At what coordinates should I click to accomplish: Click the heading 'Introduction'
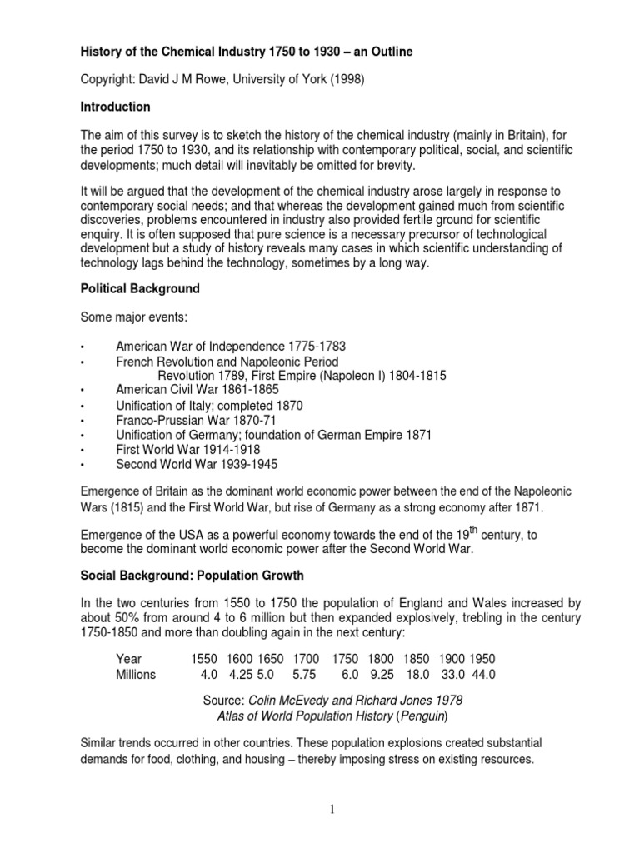tap(115, 107)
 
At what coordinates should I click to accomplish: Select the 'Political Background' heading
tap(139, 288)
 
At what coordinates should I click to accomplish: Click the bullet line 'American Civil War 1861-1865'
tap(197, 390)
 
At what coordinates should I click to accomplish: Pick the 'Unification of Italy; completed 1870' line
tap(208, 405)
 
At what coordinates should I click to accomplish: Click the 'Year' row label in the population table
tap(129, 658)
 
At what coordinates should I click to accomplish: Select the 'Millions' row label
tap(136, 674)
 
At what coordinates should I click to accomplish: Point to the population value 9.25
tap(382, 674)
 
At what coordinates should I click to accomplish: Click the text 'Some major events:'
tap(132, 317)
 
